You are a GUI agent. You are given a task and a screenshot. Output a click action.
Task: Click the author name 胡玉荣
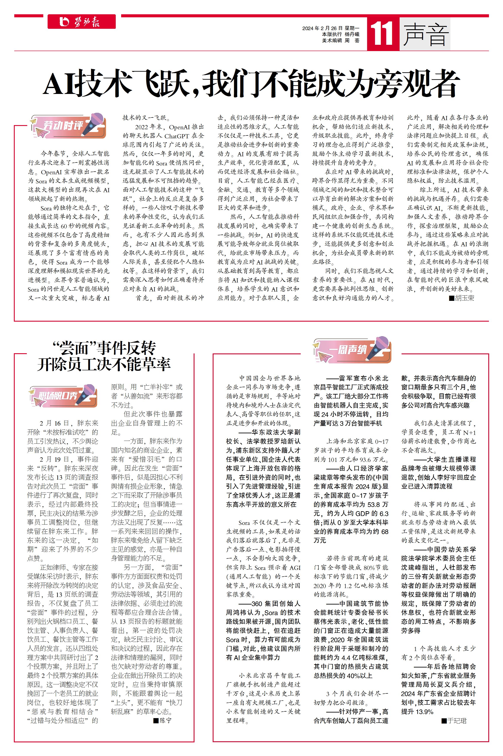click(x=464, y=298)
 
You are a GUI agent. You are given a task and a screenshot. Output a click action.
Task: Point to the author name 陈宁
click(x=165, y=720)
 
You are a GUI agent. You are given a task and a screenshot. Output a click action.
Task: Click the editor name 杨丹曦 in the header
click(x=352, y=34)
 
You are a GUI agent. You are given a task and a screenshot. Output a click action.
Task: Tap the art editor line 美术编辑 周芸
click(x=341, y=40)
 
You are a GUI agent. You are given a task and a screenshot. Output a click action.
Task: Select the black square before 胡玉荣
click(x=451, y=298)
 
